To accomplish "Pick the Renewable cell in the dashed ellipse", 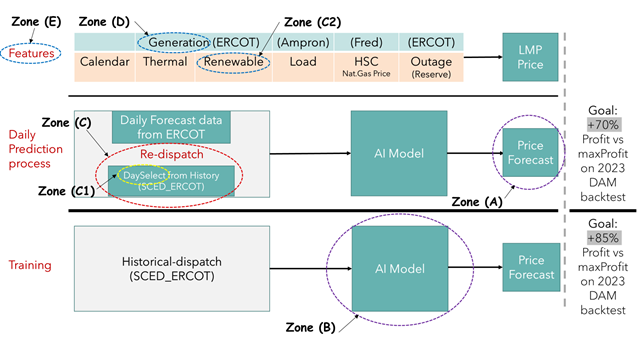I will [232, 63].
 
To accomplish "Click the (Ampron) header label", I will [302, 42].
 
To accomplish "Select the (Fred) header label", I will [366, 42].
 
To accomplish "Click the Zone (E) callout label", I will [32, 18].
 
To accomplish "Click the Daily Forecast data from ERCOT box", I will [174, 126].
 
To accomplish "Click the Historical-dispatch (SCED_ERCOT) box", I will [173, 269].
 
